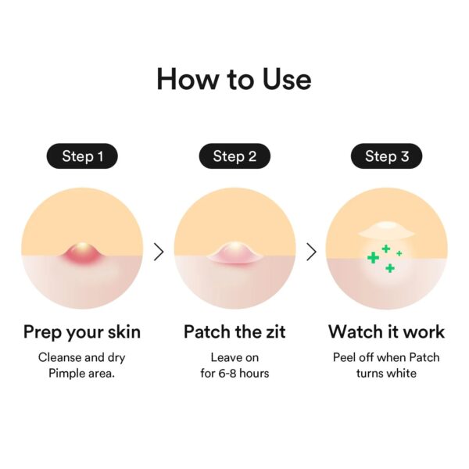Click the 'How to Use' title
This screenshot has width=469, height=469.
click(x=234, y=79)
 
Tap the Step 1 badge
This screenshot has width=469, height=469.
click(x=82, y=156)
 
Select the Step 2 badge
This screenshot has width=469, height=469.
click(x=234, y=156)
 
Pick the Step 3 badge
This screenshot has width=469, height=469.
click(x=386, y=156)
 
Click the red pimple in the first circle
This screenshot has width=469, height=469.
click(x=82, y=252)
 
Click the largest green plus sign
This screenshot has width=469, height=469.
click(x=374, y=257)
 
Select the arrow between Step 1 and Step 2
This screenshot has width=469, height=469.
click(x=159, y=252)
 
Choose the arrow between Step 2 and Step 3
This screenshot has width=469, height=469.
click(x=311, y=252)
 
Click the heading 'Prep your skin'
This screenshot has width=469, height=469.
click(x=82, y=331)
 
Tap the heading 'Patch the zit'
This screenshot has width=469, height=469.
click(x=234, y=331)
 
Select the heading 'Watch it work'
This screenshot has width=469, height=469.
click(x=386, y=331)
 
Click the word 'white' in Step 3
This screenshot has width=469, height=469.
click(x=401, y=374)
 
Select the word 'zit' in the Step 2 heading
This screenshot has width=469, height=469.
click(x=274, y=331)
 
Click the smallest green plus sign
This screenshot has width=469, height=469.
click(x=399, y=254)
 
